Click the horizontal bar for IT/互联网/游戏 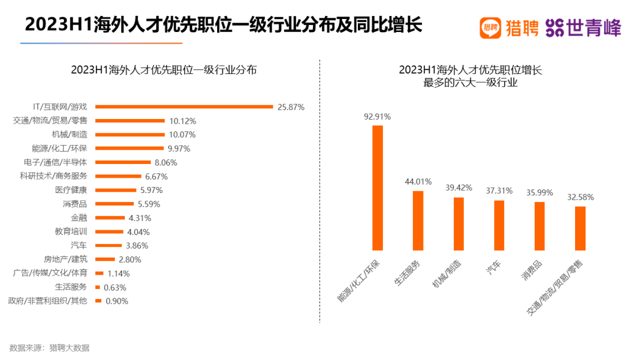pyautogui.click(x=184, y=107)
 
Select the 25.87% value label pyautogui.click(x=291, y=107)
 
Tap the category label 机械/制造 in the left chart pyautogui.click(x=69, y=134)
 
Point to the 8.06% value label pyautogui.click(x=165, y=162)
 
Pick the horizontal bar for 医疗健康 pyautogui.click(x=115, y=190)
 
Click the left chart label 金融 pyautogui.click(x=79, y=218)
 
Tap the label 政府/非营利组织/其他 pyautogui.click(x=47, y=301)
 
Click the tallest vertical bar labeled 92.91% pyautogui.click(x=377, y=188)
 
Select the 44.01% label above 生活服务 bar pyautogui.click(x=418, y=181)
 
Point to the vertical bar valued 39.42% pyautogui.click(x=459, y=224)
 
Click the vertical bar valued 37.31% pyautogui.click(x=499, y=225)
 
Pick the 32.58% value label pyautogui.click(x=580, y=197)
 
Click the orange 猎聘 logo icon pyautogui.click(x=490, y=27)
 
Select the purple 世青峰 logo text pyautogui.click(x=593, y=27)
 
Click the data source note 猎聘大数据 pyautogui.click(x=69, y=348)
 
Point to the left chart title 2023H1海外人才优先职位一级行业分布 pyautogui.click(x=164, y=69)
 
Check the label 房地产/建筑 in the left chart pyautogui.click(x=66, y=259)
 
